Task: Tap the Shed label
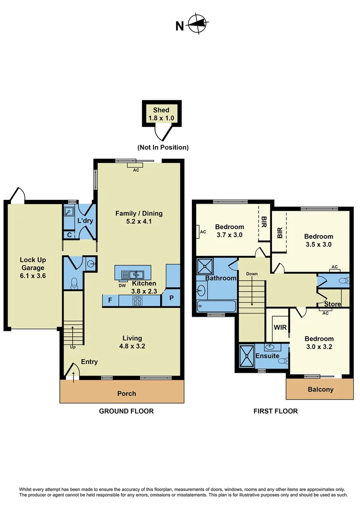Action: [x=161, y=110]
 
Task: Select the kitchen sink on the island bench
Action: [x=133, y=274]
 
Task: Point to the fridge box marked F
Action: [x=110, y=300]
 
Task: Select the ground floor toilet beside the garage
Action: [x=74, y=283]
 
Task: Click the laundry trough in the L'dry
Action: [x=68, y=212]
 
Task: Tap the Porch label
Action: [x=126, y=393]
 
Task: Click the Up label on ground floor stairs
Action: [x=72, y=347]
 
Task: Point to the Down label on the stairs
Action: [x=252, y=274]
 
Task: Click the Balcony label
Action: [x=320, y=389]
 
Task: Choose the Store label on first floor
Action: [x=332, y=304]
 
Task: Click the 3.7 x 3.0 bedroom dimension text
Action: [x=229, y=234]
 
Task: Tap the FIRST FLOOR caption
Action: [x=276, y=411]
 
